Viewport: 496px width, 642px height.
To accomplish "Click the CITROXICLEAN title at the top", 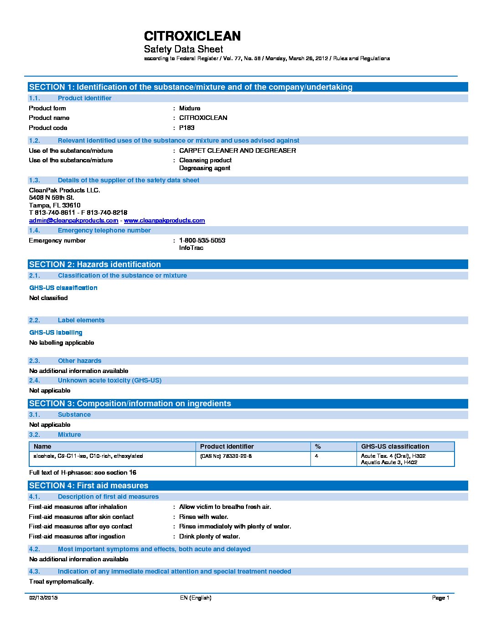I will (192, 36).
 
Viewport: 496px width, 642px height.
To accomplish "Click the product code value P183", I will (186, 128).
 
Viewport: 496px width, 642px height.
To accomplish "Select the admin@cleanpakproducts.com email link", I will (73, 220).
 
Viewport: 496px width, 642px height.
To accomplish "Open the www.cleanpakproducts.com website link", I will (164, 220).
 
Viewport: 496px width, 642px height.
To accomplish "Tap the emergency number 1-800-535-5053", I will (202, 240).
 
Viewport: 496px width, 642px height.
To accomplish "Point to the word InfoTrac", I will (191, 248).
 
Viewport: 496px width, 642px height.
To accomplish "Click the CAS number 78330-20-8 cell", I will (226, 456).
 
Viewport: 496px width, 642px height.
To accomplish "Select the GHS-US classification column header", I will (395, 446).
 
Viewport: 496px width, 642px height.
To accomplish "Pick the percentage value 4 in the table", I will (316, 456).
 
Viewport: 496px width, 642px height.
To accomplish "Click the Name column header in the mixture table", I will (42, 446).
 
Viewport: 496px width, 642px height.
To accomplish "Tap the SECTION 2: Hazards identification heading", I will (95, 264).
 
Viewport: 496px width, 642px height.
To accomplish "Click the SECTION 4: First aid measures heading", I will (88, 486).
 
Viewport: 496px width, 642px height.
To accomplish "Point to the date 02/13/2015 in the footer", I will (43, 598).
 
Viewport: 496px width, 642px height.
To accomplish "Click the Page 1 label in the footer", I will (440, 598).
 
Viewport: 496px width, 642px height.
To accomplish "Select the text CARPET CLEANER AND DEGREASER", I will (238, 150).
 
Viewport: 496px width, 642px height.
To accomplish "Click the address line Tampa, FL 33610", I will (55, 205).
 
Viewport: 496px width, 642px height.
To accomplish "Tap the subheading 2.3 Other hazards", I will (79, 361).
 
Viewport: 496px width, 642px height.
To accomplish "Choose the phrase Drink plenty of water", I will (209, 536).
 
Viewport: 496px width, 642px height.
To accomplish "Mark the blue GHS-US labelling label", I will (56, 332).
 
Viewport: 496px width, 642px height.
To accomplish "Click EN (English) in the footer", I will (196, 598).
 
